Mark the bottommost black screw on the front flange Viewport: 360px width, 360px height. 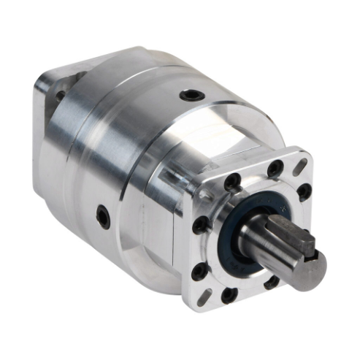(229, 294)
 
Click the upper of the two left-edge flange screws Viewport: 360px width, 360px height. (199, 223)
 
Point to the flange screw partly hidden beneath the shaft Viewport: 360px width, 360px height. (272, 281)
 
